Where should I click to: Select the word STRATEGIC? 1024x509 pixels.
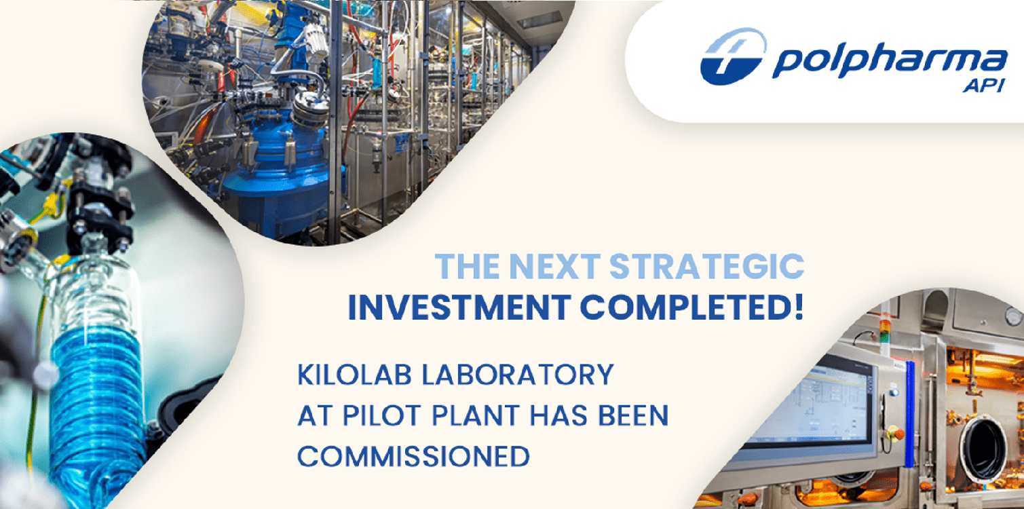click(x=706, y=266)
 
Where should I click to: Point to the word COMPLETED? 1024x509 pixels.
click(x=691, y=307)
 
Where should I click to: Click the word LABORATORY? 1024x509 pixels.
click(x=518, y=375)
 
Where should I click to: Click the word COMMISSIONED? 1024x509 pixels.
click(x=414, y=456)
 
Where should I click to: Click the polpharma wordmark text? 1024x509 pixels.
click(x=890, y=60)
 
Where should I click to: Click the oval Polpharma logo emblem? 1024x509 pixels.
click(x=733, y=56)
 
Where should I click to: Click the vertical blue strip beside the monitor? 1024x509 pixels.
click(x=910, y=414)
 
